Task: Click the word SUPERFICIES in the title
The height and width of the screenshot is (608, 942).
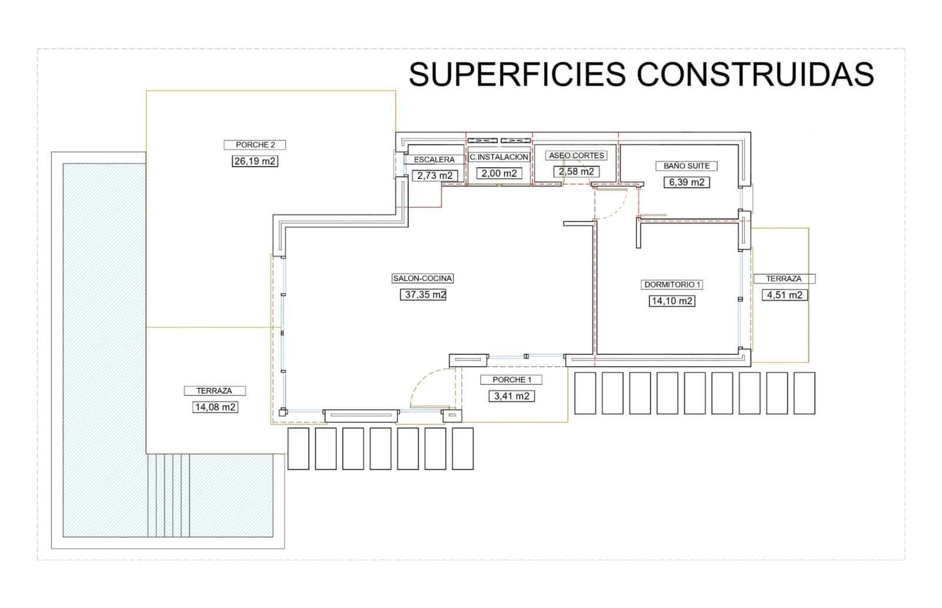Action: [517, 74]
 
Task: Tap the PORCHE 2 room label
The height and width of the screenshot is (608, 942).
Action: [255, 145]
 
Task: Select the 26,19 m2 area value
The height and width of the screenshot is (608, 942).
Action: [254, 161]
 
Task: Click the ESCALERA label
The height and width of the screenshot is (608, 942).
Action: [434, 160]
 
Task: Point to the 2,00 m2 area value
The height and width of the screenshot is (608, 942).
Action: [499, 173]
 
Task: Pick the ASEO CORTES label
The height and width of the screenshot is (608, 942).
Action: [576, 155]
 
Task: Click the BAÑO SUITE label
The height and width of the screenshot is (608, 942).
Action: [686, 166]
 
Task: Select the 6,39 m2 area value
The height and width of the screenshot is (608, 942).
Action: [686, 182]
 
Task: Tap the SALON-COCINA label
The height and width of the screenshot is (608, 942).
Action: [422, 278]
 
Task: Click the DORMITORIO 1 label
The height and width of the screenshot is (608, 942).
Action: [672, 285]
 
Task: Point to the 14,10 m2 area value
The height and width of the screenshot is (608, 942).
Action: [671, 301]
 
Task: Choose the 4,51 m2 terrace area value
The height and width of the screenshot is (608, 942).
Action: [784, 295]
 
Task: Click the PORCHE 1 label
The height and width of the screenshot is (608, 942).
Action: [512, 380]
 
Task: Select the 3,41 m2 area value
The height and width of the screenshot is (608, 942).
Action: [512, 396]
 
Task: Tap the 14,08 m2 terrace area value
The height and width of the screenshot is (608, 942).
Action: [215, 407]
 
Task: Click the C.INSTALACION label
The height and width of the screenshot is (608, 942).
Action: [499, 157]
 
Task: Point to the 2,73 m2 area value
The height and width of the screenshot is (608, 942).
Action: [435, 175]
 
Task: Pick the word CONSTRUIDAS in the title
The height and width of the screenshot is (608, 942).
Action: [755, 74]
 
